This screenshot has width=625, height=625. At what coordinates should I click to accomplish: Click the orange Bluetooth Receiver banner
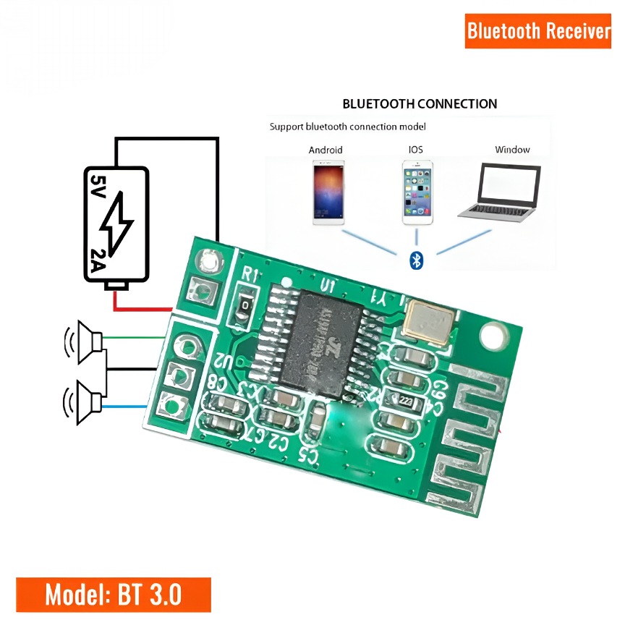pos(539,31)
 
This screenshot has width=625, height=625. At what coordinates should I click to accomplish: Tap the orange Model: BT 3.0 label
pos(113,595)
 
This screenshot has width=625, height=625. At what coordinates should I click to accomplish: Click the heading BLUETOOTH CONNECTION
pos(420,104)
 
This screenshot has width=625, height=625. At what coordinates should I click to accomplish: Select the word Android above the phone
pos(326,150)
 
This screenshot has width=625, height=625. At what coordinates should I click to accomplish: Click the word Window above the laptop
pos(512,150)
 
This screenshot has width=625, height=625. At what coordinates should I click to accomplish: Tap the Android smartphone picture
pos(328,192)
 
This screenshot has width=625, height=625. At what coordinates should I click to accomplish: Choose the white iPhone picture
pos(417,192)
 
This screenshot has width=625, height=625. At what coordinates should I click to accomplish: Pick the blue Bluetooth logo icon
pos(416,260)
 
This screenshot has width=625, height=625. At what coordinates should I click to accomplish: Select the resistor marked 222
pos(404,400)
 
